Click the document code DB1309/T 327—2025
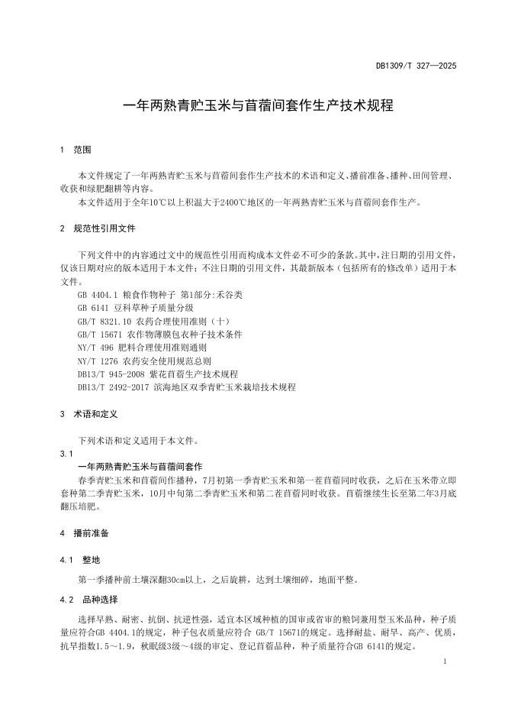416,67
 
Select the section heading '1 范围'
76,150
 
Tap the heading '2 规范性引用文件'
98,228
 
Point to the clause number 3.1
66,453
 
